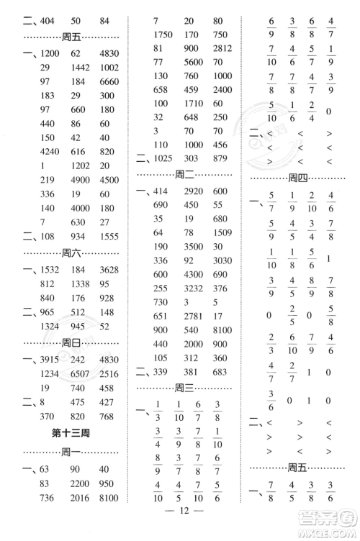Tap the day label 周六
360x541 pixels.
[71, 253]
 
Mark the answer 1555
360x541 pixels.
[108, 235]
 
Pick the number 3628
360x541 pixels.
[109, 270]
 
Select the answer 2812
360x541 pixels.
[221, 48]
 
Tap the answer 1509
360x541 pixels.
[221, 232]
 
